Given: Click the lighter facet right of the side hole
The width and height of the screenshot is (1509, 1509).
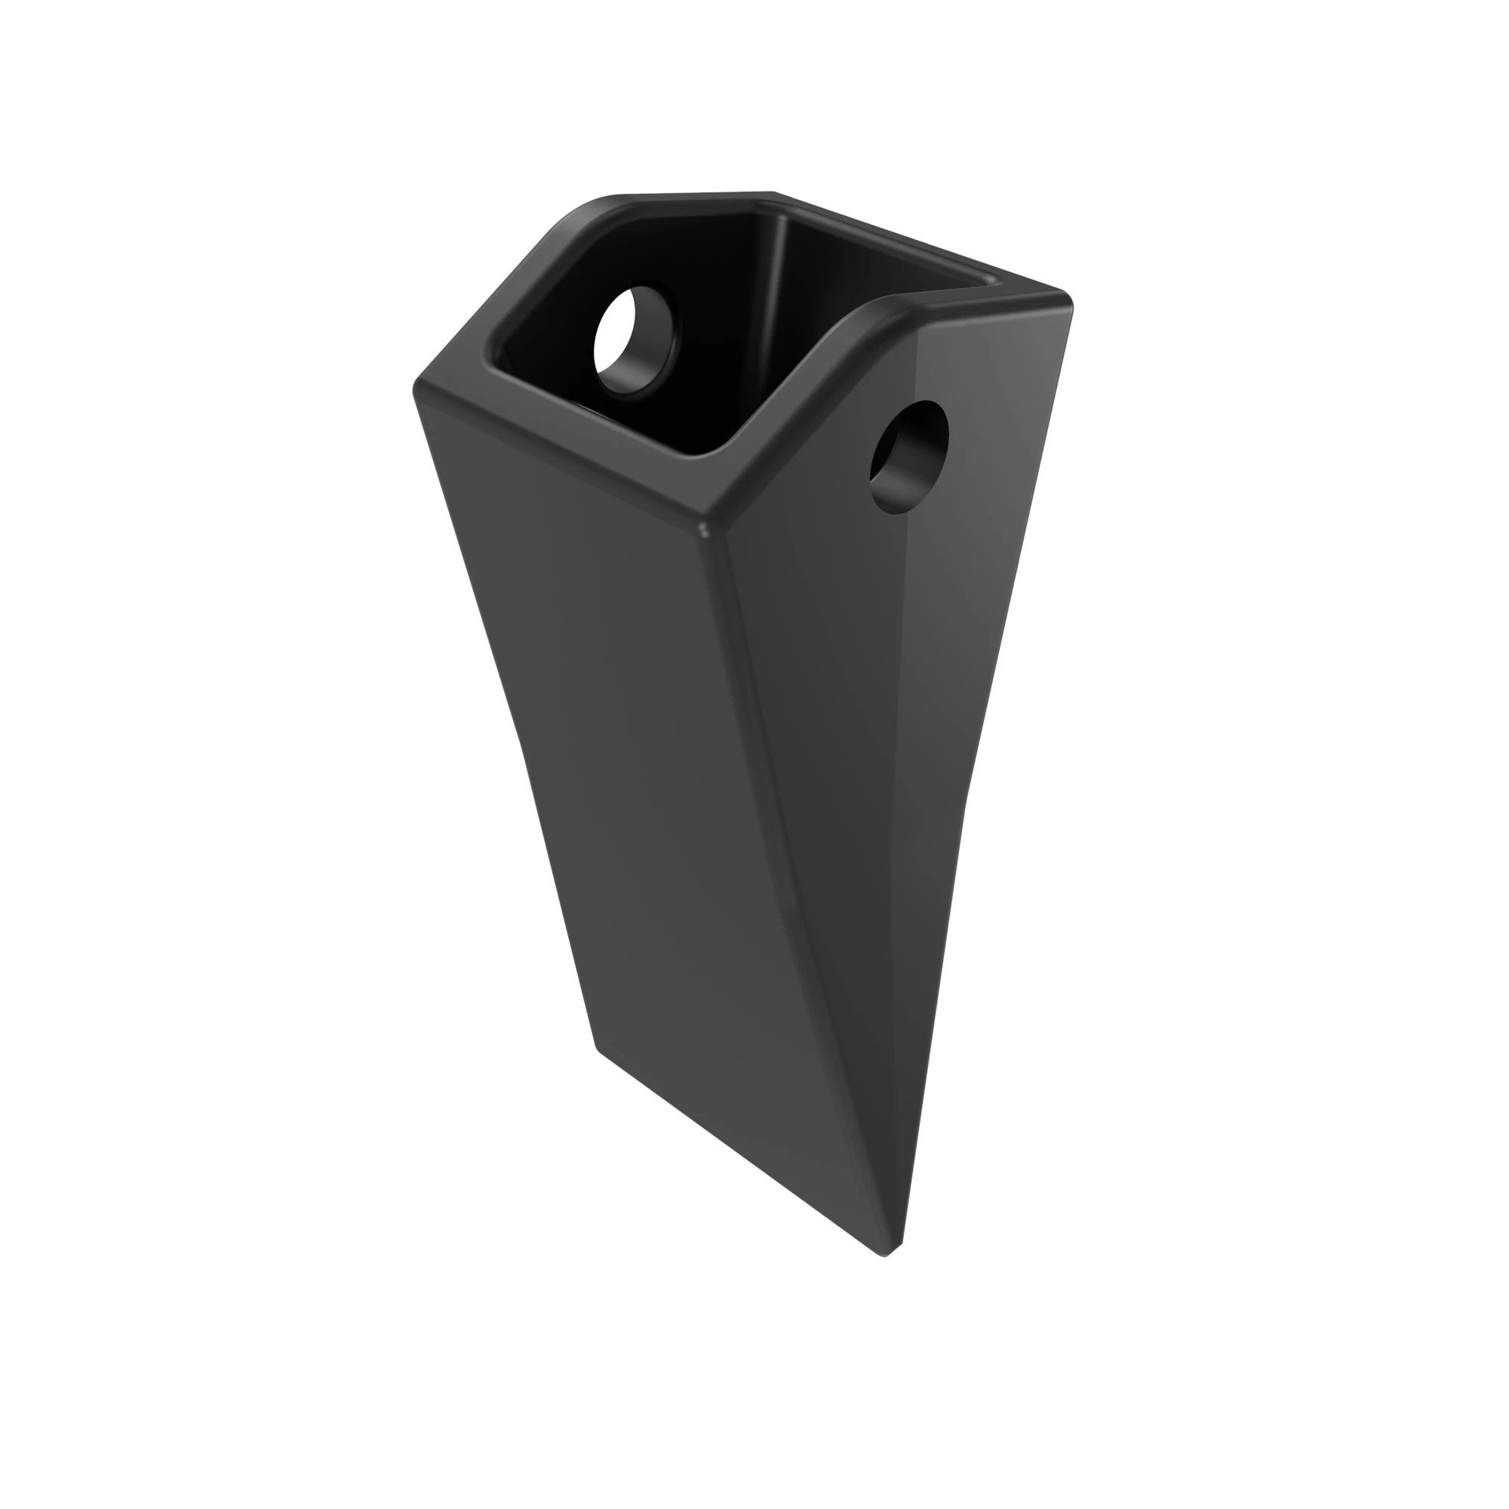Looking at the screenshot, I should [x=1000, y=469].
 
